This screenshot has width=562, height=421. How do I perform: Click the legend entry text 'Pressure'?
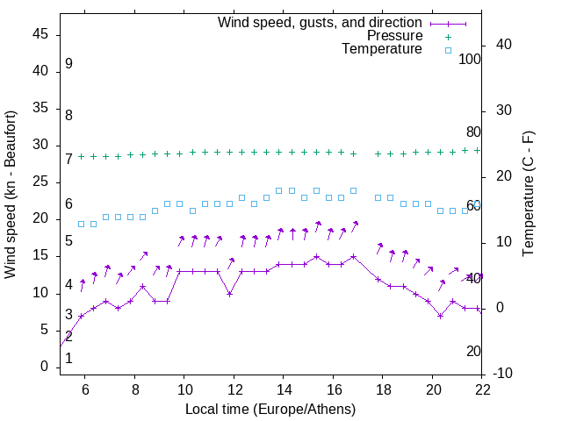pyautogui.click(x=395, y=36)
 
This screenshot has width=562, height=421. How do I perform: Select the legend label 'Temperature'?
pyautogui.click(x=382, y=50)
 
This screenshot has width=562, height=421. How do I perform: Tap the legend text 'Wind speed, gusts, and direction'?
pyautogui.click(x=320, y=22)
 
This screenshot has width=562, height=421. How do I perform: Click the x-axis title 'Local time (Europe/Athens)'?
pyautogui.click(x=270, y=410)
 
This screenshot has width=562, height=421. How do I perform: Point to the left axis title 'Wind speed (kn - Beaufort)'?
pyautogui.click(x=11, y=195)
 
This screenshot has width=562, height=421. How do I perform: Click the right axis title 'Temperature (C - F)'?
pyautogui.click(x=528, y=195)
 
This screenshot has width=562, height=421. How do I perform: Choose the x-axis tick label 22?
pyautogui.click(x=482, y=389)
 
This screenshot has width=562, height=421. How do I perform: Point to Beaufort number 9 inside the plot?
pyautogui.click(x=68, y=64)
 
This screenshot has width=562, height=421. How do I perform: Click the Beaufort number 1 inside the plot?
pyautogui.click(x=68, y=358)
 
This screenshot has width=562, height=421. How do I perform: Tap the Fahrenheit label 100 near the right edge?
pyautogui.click(x=471, y=59)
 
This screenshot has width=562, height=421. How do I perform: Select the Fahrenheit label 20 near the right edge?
pyautogui.click(x=474, y=351)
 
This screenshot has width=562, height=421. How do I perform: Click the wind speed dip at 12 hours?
pyautogui.click(x=229, y=294)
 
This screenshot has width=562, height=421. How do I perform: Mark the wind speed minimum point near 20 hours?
pyautogui.click(x=440, y=316)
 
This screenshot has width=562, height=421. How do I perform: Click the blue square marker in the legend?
pyautogui.click(x=447, y=50)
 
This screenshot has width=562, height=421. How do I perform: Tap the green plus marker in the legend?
pyautogui.click(x=447, y=36)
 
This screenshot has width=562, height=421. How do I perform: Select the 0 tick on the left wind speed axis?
pyautogui.click(x=45, y=367)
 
